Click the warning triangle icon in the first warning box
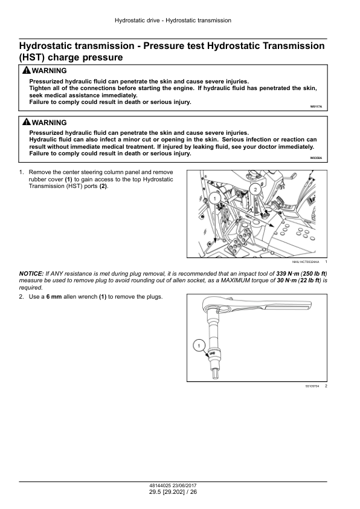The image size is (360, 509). (26, 71)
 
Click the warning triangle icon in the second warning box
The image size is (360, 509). (26, 122)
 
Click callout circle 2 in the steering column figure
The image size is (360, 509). (256, 190)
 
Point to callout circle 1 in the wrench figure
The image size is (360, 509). (199, 346)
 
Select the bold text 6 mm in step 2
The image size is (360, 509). (54, 297)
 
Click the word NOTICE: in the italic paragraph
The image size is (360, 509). (31, 274)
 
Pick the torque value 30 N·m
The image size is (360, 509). (287, 280)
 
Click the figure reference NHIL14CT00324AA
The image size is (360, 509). (306, 262)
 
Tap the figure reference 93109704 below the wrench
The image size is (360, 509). (312, 386)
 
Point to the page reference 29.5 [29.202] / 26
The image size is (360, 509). (173, 492)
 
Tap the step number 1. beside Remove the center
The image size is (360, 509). (22, 172)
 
